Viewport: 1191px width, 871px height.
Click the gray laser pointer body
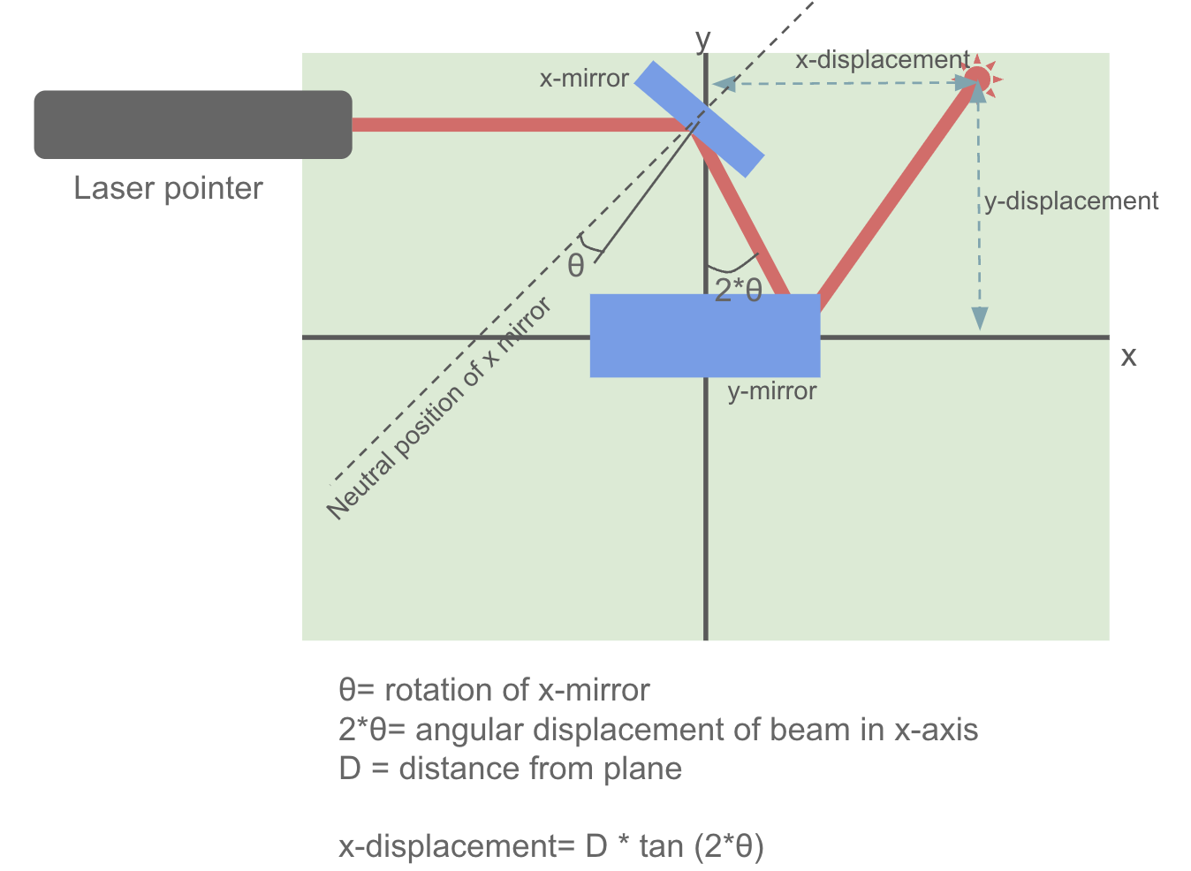point(193,125)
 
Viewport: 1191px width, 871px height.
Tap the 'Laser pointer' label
point(168,188)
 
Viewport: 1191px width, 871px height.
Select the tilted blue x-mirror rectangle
point(700,119)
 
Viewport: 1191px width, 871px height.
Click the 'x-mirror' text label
point(584,79)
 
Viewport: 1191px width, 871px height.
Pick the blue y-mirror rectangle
point(704,336)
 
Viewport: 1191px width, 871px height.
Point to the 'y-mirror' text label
point(771,391)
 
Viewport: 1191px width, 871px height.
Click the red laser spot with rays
point(977,79)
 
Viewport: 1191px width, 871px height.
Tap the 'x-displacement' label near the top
point(882,60)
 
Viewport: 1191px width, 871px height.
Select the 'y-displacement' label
point(1071,201)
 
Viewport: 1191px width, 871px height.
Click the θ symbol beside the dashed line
point(576,265)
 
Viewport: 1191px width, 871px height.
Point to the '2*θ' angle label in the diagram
point(738,290)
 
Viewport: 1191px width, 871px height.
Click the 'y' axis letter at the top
point(702,40)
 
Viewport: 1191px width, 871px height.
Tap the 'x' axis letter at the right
point(1128,357)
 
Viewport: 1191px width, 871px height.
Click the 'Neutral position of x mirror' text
point(439,408)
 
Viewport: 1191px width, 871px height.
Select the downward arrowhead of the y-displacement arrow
point(979,319)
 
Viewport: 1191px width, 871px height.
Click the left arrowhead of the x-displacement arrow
point(724,85)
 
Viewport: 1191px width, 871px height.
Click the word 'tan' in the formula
point(661,846)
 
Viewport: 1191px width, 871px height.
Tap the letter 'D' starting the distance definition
point(350,769)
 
